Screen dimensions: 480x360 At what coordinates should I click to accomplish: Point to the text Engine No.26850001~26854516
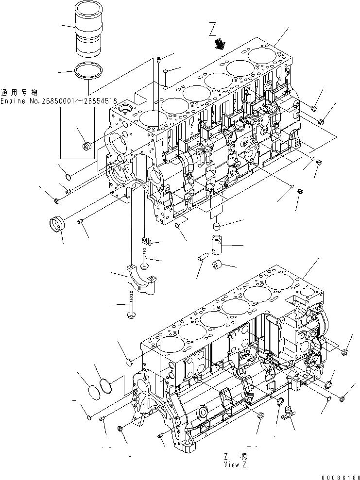tap(59, 101)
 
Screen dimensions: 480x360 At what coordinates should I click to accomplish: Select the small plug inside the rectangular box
tap(88, 146)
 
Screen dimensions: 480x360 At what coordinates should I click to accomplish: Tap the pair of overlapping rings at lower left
tap(100, 388)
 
